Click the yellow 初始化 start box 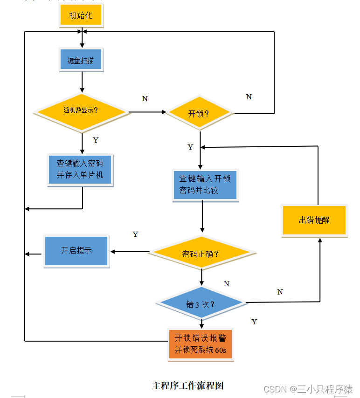coord(81,16)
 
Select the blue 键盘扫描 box coord(81,61)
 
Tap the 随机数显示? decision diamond coord(82,112)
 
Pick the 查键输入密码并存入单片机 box coord(80,170)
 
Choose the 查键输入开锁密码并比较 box coord(205,185)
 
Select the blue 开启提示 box coord(76,251)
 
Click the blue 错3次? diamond coord(201,304)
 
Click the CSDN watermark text coord(308,389)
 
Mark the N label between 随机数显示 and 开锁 coord(145,99)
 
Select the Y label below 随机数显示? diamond coord(96,140)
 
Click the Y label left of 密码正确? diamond coord(135,234)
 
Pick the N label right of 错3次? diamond coord(280,292)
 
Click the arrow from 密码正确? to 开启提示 coord(130,252)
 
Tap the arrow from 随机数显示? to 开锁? coord(147,112)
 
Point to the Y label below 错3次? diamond coord(254,322)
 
